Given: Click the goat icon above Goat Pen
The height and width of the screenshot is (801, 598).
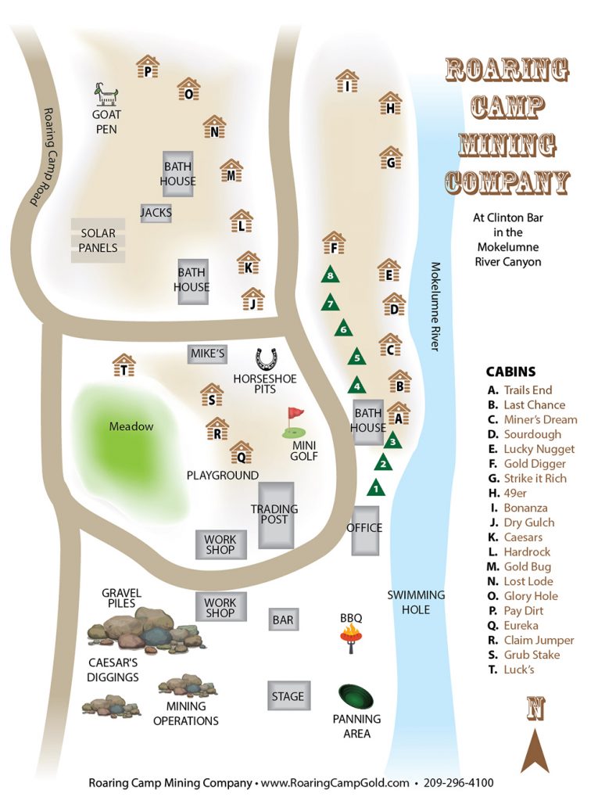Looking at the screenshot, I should pyautogui.click(x=106, y=95).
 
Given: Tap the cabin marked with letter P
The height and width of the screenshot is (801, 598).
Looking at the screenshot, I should pyautogui.click(x=147, y=67).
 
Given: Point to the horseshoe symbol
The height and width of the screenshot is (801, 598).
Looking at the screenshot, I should pyautogui.click(x=266, y=359).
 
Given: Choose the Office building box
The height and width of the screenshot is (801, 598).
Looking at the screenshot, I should pyautogui.click(x=364, y=530).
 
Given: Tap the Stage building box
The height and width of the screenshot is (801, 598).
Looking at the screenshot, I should pyautogui.click(x=287, y=696).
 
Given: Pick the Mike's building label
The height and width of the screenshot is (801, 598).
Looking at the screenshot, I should pyautogui.click(x=207, y=354).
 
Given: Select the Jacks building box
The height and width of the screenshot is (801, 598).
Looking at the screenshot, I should pyautogui.click(x=156, y=213).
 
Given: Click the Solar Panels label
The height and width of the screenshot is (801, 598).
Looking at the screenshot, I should pyautogui.click(x=98, y=240).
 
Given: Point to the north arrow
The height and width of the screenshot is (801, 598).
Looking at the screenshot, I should pyautogui.click(x=535, y=749).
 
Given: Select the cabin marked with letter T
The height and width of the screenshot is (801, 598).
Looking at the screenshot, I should pyautogui.click(x=124, y=366).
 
